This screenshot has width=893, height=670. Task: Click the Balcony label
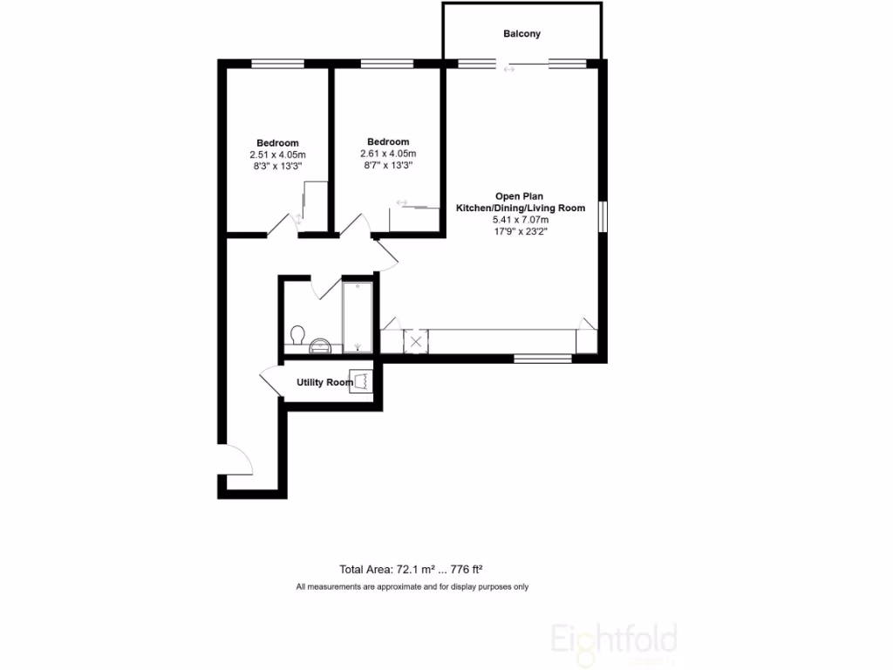click(x=521, y=34)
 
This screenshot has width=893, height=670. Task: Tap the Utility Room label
click(x=324, y=382)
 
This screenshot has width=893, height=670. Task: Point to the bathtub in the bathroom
click(x=357, y=317)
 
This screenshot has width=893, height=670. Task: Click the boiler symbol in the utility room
click(x=361, y=381)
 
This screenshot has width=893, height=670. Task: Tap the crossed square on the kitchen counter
click(x=416, y=341)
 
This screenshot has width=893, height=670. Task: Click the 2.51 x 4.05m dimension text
click(x=277, y=154)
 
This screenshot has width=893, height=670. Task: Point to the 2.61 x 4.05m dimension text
click(x=388, y=154)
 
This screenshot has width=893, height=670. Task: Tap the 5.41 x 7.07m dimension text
click(x=521, y=220)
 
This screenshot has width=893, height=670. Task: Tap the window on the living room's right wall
click(x=603, y=217)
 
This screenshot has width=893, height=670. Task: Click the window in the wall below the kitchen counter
click(x=542, y=358)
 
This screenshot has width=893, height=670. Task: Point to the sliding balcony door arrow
click(x=509, y=69)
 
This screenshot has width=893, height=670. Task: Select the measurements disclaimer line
click(x=412, y=587)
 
